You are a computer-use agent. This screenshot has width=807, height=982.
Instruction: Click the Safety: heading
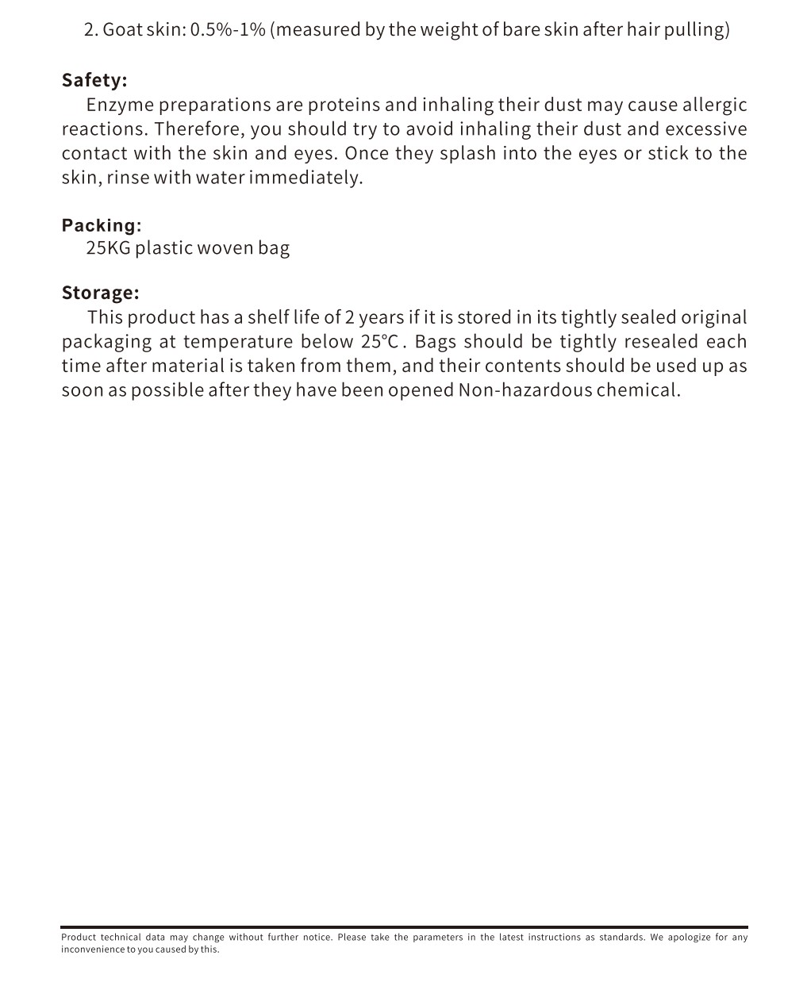[x=94, y=80]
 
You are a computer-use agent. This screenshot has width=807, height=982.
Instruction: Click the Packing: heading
[x=102, y=225]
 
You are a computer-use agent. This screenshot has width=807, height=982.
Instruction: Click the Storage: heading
[x=100, y=293]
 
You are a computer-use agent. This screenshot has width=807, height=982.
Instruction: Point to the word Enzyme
[x=119, y=105]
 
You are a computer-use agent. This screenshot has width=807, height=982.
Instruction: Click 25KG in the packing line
[x=108, y=248]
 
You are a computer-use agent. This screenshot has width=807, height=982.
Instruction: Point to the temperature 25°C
[x=379, y=342]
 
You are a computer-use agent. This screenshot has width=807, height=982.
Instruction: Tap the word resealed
[x=661, y=342]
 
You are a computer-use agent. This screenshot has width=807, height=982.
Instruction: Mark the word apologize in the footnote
[x=688, y=937]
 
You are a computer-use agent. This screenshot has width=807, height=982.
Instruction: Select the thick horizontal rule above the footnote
[x=404, y=926]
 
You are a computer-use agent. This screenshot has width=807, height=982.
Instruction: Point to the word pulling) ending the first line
[x=700, y=30]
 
